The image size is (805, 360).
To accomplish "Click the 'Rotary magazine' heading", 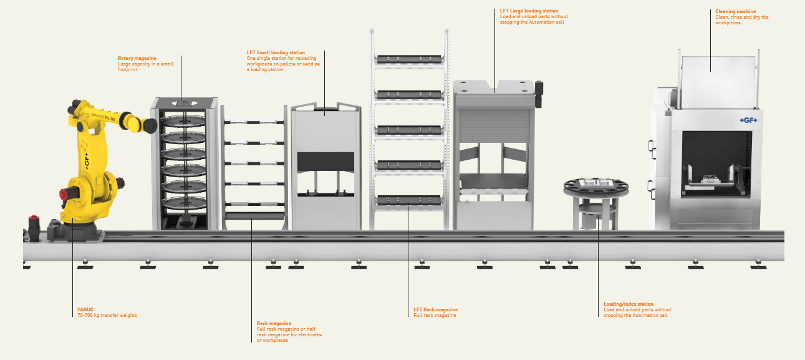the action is pyautogui.click(x=137, y=58).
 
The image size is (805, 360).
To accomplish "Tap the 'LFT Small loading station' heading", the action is pyautogui.click(x=276, y=52).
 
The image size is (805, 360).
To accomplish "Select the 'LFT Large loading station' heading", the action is pyautogui.click(x=529, y=11).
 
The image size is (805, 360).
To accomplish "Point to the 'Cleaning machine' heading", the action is pyautogui.click(x=736, y=11).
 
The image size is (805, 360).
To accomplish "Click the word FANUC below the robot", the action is pyautogui.click(x=85, y=309).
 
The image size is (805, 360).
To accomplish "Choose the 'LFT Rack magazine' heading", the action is pyautogui.click(x=436, y=309).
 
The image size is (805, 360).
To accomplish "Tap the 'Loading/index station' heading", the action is pyautogui.click(x=629, y=304).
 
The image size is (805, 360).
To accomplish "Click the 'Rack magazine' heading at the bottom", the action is pyautogui.click(x=274, y=323).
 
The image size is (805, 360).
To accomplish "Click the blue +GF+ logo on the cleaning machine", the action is pyautogui.click(x=749, y=120).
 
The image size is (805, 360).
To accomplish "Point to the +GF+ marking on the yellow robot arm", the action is pyautogui.click(x=87, y=161).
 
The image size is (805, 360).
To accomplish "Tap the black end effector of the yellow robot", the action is pyautogui.click(x=150, y=126).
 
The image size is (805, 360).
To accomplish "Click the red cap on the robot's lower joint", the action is pyautogui.click(x=63, y=195).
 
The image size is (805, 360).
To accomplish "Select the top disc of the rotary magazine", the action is pyautogui.click(x=183, y=120).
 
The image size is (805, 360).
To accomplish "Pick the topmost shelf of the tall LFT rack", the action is pyautogui.click(x=409, y=59).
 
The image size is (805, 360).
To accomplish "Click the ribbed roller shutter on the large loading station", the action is pyautogui.click(x=494, y=126).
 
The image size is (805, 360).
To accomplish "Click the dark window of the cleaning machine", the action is pyautogui.click(x=716, y=164).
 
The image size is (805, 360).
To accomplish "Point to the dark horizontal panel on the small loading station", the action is pyautogui.click(x=325, y=162).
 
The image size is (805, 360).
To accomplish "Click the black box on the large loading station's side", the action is pyautogui.click(x=539, y=94).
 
